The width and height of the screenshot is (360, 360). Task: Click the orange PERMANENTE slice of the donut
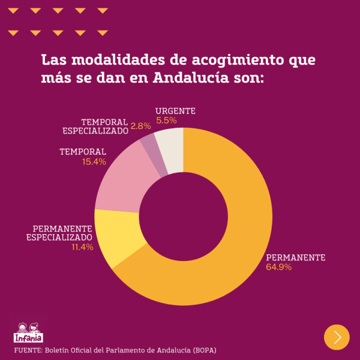[x=240, y=240]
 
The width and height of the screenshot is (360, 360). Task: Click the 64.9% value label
[x=278, y=267]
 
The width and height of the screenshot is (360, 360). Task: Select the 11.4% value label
[x=82, y=247]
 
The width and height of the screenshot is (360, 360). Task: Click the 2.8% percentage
[x=140, y=126]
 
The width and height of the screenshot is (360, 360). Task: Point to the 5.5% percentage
[x=166, y=121]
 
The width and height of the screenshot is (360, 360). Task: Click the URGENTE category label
[x=175, y=111]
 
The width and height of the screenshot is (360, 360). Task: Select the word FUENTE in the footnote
[x=27, y=350]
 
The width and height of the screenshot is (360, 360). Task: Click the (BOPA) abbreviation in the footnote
[x=205, y=350]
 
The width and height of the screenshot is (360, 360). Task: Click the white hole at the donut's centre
[x=184, y=216]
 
